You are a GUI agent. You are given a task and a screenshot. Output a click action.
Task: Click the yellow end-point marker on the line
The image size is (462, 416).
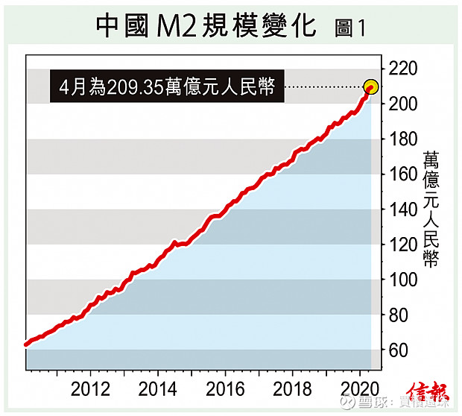(371, 87)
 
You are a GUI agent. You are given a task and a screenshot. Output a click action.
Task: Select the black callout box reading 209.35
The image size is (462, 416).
(167, 88)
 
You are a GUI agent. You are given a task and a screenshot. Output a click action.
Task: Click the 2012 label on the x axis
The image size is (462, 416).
(92, 389)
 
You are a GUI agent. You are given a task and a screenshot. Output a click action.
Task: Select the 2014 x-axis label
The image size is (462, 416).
(157, 389)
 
